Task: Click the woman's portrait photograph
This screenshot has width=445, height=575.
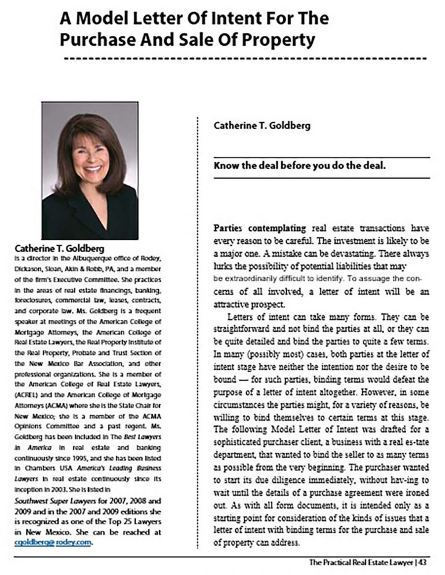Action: coord(90,170)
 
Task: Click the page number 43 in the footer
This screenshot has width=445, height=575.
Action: coord(424,563)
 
